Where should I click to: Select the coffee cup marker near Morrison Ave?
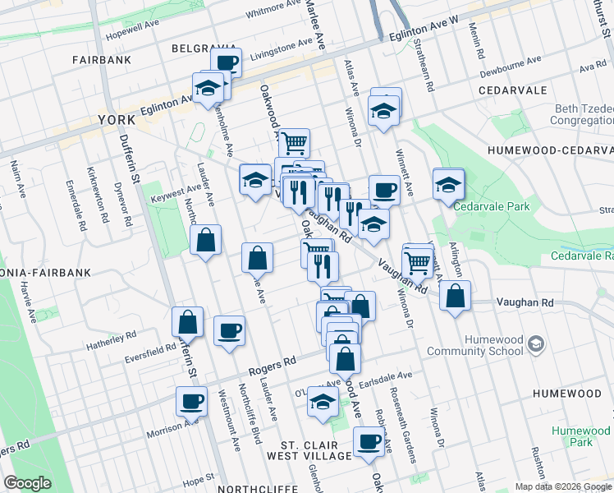[x=191, y=402]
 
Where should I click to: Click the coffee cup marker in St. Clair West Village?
[x=368, y=442]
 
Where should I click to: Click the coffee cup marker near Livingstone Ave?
[x=226, y=62]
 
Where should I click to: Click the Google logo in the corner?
[x=28, y=483]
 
